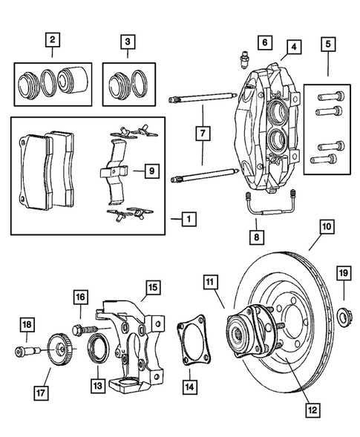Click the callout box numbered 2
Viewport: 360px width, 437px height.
[52, 39]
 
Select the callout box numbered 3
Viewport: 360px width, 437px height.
[128, 39]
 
